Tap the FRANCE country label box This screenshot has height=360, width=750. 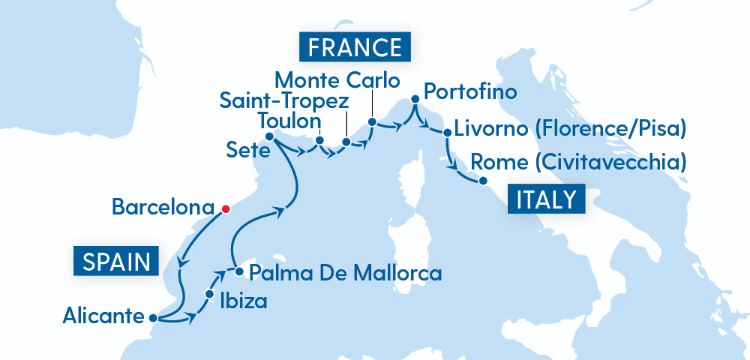tap(355, 47)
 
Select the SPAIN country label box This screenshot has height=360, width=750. tap(116, 262)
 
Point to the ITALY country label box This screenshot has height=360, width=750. tap(546, 199)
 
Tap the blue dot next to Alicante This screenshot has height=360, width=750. tap(153, 318)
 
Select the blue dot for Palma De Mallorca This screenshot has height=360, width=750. tap(238, 271)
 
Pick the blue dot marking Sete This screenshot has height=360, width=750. tap(269, 136)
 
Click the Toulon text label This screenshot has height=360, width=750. tap(289, 121)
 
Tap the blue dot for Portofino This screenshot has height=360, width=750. tap(413, 98)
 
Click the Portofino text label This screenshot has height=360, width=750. tap(470, 92)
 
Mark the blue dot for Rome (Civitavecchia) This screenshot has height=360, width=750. tap(483, 181)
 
